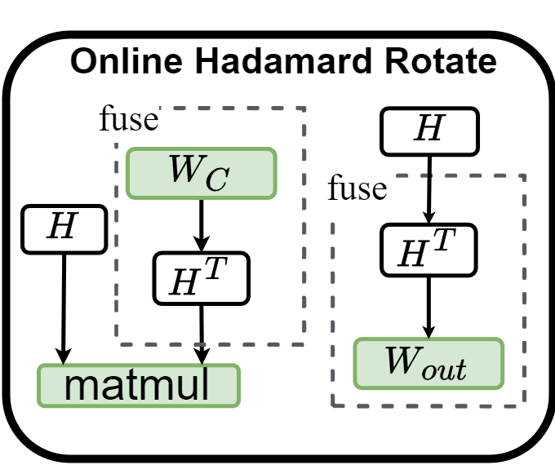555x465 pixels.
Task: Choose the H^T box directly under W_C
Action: [x=200, y=277]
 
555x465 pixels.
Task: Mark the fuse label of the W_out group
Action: [x=356, y=189]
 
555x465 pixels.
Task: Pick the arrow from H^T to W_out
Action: [x=428, y=306]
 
